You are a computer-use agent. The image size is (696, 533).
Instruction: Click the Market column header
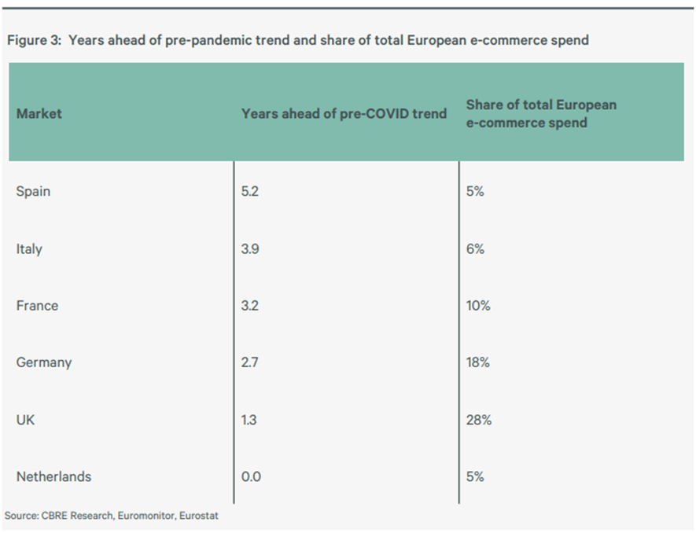(x=39, y=113)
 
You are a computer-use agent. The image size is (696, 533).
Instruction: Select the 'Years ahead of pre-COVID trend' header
(x=344, y=113)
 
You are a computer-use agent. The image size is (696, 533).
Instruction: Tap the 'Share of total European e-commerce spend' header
(x=541, y=113)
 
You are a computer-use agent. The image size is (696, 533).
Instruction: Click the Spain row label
(x=33, y=191)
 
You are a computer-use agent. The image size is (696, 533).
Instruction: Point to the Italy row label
(x=29, y=248)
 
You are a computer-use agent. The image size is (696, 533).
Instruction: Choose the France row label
(x=37, y=305)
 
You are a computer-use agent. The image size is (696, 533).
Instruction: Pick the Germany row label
(x=44, y=362)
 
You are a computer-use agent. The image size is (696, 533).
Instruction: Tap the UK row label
(x=25, y=420)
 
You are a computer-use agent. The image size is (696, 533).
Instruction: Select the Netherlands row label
(x=53, y=476)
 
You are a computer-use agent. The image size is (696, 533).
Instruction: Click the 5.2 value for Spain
(x=251, y=191)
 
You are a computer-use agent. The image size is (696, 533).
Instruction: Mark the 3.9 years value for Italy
(x=251, y=248)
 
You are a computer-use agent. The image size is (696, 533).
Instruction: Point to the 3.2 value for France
(x=251, y=305)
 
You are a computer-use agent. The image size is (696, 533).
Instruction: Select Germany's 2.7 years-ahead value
(x=251, y=362)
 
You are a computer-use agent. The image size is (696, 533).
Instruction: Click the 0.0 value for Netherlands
(x=251, y=476)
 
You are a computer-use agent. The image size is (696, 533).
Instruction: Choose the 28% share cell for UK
(x=479, y=420)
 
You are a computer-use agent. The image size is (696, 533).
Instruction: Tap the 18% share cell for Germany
(x=478, y=362)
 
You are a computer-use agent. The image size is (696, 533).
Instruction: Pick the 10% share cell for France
(x=478, y=305)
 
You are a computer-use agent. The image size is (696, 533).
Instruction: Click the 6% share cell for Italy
(x=475, y=248)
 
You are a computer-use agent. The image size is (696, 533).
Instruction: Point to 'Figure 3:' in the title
(x=34, y=39)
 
